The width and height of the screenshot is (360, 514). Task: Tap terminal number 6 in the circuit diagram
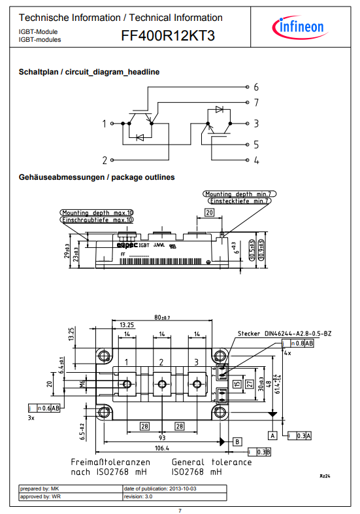[x=256, y=87]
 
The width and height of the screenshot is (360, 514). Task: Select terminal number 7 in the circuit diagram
[x=256, y=103]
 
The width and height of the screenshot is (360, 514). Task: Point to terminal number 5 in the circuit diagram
[x=256, y=145]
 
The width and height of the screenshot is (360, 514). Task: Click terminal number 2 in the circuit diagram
[x=105, y=159]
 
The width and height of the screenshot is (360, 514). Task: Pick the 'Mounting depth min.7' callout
[x=236, y=194]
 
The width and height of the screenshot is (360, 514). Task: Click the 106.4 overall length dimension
[x=161, y=449]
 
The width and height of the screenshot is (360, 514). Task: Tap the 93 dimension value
[x=161, y=437]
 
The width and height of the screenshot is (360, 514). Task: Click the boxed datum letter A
[x=272, y=434]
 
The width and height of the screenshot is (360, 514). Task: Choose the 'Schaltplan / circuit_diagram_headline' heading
[x=89, y=71]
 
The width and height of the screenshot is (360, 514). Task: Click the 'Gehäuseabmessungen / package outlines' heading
[x=97, y=177]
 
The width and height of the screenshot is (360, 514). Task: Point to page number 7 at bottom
[x=180, y=509]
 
